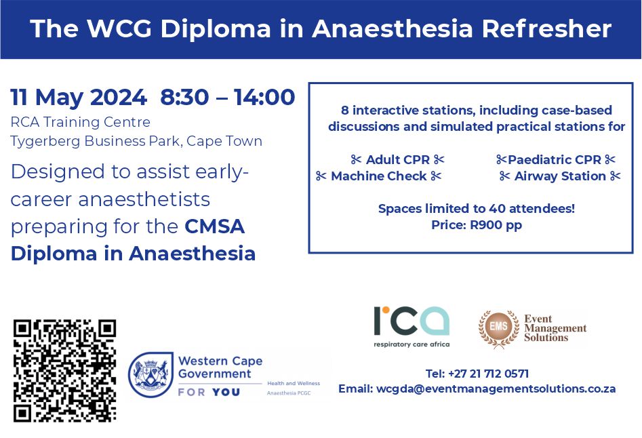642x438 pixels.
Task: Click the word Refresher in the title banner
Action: pos(546,28)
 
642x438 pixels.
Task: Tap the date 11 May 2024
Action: pos(78,98)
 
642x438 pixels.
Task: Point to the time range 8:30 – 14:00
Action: pos(228,98)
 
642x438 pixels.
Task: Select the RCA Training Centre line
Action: pos(80,122)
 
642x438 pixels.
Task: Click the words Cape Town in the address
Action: pos(224,141)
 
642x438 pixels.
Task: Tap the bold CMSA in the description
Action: pos(214,226)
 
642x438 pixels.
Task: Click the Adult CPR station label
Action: pos(397,159)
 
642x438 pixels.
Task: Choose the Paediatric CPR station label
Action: pos(555,159)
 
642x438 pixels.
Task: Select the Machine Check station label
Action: pos(379,176)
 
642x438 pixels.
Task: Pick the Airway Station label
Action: pos(560,176)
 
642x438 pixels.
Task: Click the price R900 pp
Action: pos(496,225)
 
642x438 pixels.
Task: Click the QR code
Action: pos(64,371)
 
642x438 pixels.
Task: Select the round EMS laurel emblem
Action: pos(499,328)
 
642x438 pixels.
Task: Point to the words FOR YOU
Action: pos(209,392)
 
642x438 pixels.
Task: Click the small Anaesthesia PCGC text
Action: pos(289,393)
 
